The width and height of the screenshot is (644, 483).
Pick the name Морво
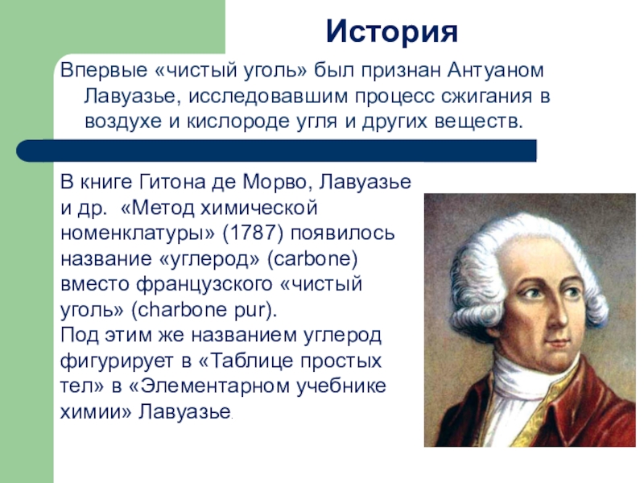point(262,182)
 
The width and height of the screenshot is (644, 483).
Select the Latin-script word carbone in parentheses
point(318,260)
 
